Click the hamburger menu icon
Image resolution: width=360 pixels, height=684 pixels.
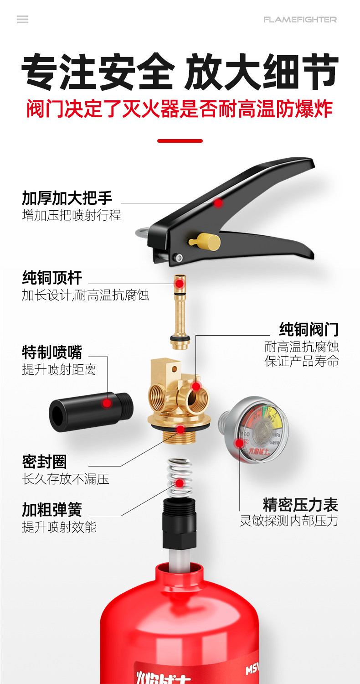22,19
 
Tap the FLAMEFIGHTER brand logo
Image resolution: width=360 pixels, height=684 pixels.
300,20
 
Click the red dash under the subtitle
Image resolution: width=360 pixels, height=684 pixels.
180,141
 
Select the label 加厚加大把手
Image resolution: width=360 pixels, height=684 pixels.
67,198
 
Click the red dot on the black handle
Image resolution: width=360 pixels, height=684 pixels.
218,202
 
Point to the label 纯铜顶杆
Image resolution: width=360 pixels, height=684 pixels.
52,277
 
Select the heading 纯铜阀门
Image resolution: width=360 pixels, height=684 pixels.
309,329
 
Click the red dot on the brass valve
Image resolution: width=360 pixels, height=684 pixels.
196,386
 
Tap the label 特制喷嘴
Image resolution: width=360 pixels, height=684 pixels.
52,352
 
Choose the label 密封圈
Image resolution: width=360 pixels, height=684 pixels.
44,462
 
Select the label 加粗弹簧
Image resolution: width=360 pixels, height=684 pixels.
52,509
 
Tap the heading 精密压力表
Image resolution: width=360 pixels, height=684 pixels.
300,505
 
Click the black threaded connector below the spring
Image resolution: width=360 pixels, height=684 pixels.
179,524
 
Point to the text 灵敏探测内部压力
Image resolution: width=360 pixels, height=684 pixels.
289,521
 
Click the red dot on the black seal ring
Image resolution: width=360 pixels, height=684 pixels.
180,429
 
